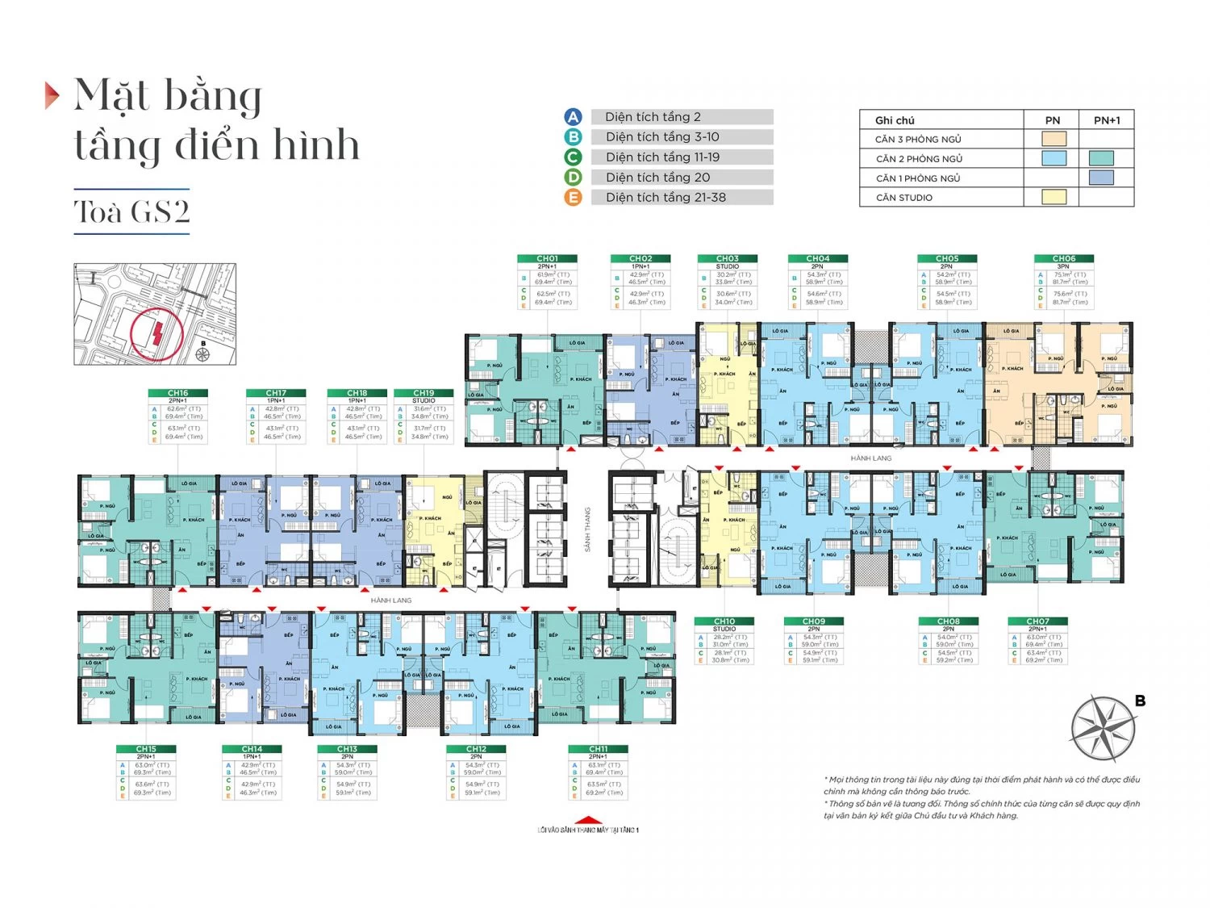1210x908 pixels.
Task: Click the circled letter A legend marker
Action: [573, 117]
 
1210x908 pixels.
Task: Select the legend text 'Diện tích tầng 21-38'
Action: [665, 198]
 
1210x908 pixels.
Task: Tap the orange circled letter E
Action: [573, 198]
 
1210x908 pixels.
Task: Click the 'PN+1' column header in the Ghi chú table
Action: [1106, 120]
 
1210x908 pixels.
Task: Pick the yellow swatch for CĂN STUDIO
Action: [1054, 197]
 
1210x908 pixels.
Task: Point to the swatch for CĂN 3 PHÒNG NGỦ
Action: [1054, 139]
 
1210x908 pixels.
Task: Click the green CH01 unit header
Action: [548, 258]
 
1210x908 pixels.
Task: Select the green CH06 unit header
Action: [1063, 258]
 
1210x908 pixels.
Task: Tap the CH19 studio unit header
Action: [423, 393]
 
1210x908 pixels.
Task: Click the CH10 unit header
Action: [724, 621]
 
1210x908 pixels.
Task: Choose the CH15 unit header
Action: [146, 749]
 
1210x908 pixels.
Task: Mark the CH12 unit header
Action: [476, 749]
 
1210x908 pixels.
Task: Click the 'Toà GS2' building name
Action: [131, 211]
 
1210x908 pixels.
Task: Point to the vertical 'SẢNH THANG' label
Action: [588, 529]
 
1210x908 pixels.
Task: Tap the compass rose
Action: [1103, 729]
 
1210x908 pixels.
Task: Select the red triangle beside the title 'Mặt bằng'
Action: [52, 95]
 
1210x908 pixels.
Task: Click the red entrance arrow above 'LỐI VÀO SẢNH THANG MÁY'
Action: [588, 819]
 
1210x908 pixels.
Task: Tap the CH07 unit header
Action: [1037, 621]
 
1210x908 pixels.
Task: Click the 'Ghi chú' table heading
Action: [895, 120]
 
